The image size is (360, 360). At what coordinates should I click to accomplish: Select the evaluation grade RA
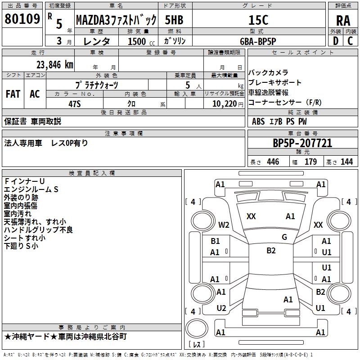(343, 20)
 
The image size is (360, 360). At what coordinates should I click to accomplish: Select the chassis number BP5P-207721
(302, 143)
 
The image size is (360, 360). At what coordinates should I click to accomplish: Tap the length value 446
(273, 162)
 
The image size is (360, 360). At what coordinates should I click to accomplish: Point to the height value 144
(346, 162)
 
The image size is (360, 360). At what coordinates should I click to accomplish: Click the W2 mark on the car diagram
(224, 225)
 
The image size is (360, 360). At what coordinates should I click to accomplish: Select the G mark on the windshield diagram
(284, 237)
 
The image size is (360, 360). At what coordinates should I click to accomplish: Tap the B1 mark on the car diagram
(215, 241)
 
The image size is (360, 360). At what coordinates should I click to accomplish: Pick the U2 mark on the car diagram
(221, 308)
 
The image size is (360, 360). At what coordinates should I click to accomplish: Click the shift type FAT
(13, 94)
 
